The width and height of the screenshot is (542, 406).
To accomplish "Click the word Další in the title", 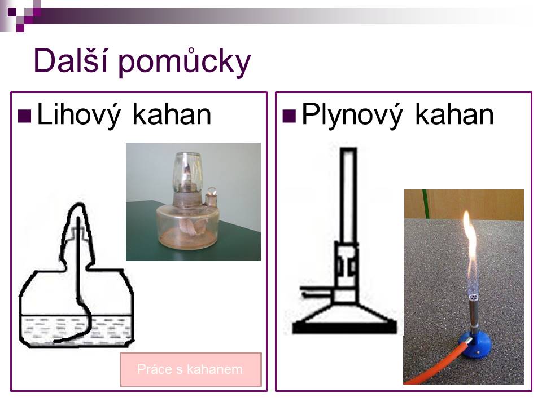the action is [x=71, y=60].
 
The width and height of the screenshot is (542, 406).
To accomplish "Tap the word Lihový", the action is [x=78, y=115].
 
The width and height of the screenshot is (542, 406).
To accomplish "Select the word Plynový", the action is [x=352, y=115].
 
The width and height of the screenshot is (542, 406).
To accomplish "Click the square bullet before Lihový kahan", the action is [x=24, y=116].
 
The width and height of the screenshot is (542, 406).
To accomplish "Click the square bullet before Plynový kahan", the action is [x=289, y=116].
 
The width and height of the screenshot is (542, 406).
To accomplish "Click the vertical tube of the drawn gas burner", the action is [x=348, y=195].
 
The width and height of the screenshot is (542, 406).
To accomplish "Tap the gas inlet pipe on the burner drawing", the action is [x=317, y=292].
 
